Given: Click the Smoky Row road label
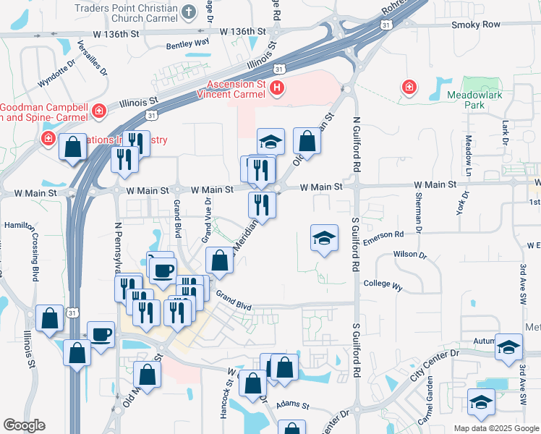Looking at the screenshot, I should pyautogui.click(x=475, y=25).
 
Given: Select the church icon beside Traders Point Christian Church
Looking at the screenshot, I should pyautogui.click(x=188, y=12).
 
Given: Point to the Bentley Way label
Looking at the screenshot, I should pyautogui.click(x=187, y=43).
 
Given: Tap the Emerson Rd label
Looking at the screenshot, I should pyautogui.click(x=383, y=234).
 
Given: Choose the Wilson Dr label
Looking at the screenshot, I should pyautogui.click(x=406, y=255).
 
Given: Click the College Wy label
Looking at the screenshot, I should pyautogui.click(x=383, y=286).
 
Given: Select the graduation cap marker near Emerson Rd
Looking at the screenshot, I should pyautogui.click(x=324, y=238).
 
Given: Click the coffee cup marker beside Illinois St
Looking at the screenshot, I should pyautogui.click(x=101, y=335).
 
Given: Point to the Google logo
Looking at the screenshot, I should pyautogui.click(x=24, y=425).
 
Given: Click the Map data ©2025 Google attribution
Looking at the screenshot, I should pyautogui.click(x=495, y=428).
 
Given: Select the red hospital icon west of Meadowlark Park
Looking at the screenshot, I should pyautogui.click(x=409, y=88).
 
